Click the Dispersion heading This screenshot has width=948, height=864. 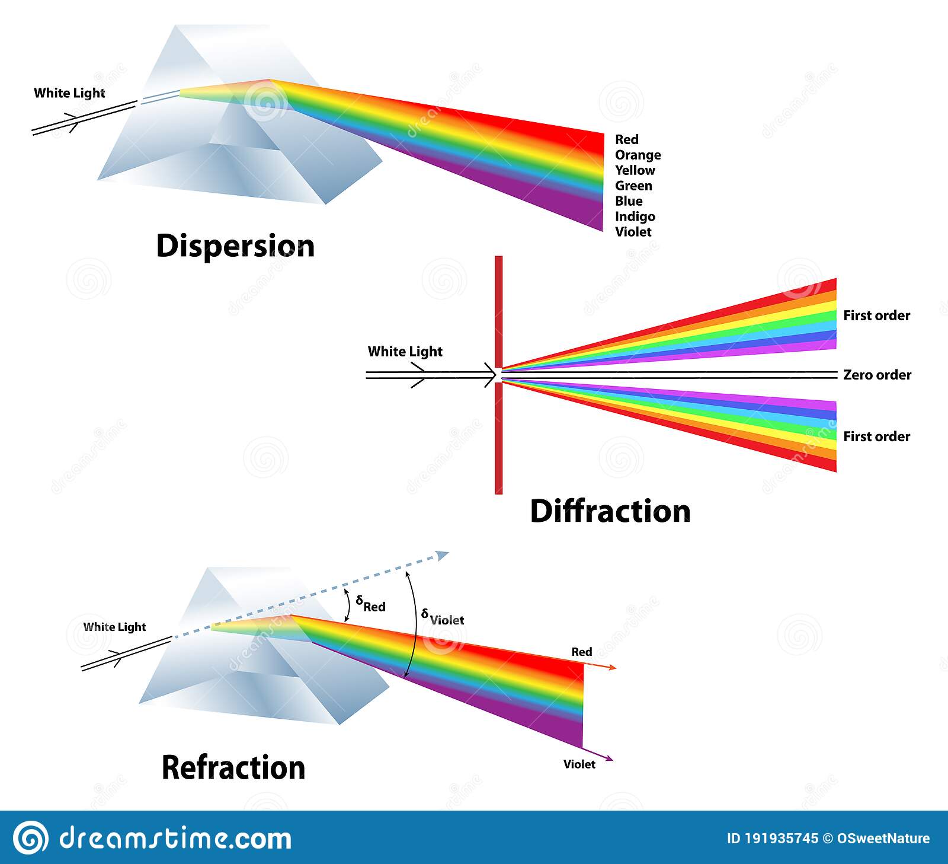[235, 246]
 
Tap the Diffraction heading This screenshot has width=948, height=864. [610, 511]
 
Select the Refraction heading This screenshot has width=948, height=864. [233, 767]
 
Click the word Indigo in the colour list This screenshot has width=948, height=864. [635, 216]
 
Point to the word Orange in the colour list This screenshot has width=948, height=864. [638, 155]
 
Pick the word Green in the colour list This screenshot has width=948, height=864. [633, 186]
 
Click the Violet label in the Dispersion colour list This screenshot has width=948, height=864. [633, 232]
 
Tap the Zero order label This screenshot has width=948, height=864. [877, 375]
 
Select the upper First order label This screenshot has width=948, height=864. [876, 315]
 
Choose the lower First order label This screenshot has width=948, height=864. [876, 436]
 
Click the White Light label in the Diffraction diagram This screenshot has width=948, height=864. [405, 352]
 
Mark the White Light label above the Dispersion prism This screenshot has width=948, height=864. [69, 93]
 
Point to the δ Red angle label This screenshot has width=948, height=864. [371, 604]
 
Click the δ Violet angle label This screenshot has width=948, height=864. [443, 617]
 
